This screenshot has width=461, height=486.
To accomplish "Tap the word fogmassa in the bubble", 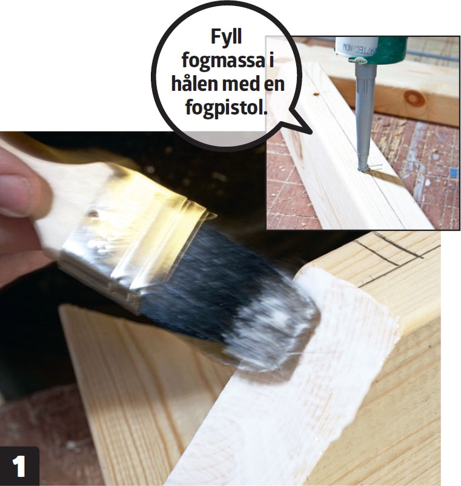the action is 223,61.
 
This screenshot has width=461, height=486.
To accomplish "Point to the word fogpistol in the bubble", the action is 225,107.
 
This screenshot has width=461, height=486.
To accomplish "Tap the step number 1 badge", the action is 19,466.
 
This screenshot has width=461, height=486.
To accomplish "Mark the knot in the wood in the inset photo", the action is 414,98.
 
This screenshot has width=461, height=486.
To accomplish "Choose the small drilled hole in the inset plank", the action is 316,93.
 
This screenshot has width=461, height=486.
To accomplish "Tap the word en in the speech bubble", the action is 274,84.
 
